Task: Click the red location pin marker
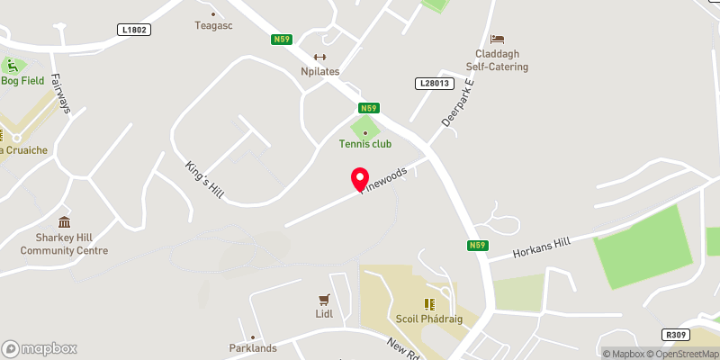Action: [360, 180]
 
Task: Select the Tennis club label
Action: [365, 144]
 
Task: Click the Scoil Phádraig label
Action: [429, 319]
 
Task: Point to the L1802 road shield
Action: [133, 30]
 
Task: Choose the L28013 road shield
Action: [433, 84]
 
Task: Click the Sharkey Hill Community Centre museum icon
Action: [64, 222]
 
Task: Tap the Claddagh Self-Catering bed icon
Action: [498, 40]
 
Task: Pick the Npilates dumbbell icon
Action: [319, 57]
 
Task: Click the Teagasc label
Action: [215, 26]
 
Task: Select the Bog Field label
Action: [22, 81]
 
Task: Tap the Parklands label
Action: [252, 348]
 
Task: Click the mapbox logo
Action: [40, 348]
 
